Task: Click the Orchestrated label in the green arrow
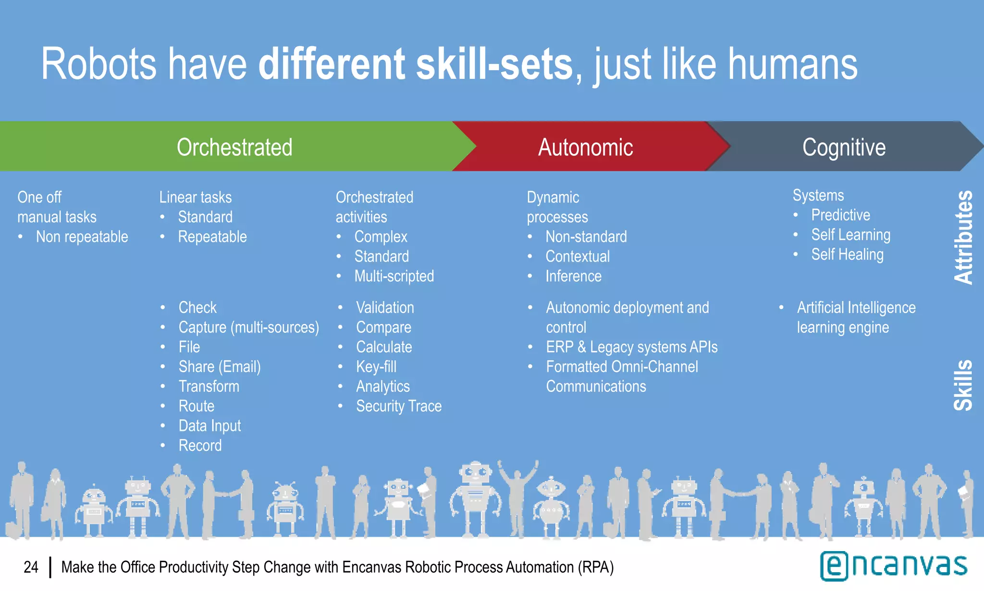tap(234, 147)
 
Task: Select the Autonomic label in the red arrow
tap(585, 147)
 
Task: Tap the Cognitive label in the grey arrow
tap(844, 147)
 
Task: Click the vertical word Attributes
tap(963, 237)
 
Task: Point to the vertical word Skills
tap(963, 385)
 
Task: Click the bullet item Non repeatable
tap(82, 237)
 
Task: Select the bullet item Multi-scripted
tap(394, 276)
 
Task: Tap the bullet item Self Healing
tap(847, 254)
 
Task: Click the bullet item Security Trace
tap(398, 406)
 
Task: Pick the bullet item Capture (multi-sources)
tap(248, 327)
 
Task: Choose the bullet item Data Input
tap(209, 426)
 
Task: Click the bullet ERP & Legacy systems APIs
tap(631, 347)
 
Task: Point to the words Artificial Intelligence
tap(856, 308)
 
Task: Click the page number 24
tap(31, 567)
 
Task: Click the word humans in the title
tap(792, 64)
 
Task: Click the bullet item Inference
tap(573, 276)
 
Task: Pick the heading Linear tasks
tap(195, 197)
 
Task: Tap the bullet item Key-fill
tap(376, 367)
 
